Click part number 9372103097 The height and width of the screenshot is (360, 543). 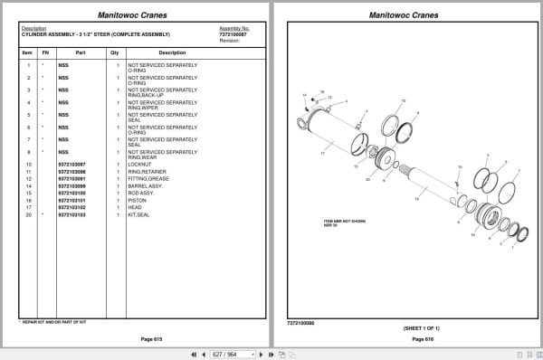[71, 165]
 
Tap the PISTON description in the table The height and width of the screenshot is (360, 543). [137, 200]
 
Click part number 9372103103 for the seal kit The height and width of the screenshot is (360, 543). [71, 215]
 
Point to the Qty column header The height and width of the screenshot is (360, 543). [115, 53]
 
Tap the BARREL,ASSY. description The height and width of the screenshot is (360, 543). [145, 185]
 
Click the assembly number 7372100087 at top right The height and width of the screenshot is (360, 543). [234, 33]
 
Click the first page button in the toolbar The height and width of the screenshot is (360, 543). [193, 354]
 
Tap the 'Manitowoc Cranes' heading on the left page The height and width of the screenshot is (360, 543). [137, 15]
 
